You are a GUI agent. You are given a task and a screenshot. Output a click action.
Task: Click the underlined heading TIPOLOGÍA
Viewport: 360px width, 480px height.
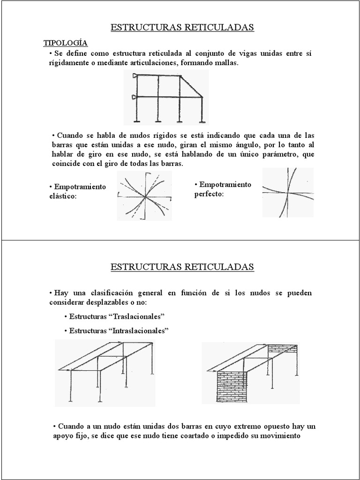pyautogui.click(x=66, y=43)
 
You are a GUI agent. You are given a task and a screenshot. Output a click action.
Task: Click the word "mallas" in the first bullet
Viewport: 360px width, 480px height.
pyautogui.click(x=227, y=63)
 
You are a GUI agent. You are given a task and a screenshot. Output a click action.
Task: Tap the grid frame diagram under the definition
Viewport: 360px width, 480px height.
pyautogui.click(x=166, y=97)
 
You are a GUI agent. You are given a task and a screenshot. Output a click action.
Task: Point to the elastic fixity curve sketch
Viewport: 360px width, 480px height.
pyautogui.click(x=144, y=195)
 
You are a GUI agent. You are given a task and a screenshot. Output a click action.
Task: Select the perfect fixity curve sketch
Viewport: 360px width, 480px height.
pyautogui.click(x=288, y=192)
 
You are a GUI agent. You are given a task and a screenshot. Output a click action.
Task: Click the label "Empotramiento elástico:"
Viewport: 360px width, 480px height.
pyautogui.click(x=77, y=191)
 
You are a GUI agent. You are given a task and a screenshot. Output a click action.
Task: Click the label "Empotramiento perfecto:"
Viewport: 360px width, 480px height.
pyautogui.click(x=223, y=189)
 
